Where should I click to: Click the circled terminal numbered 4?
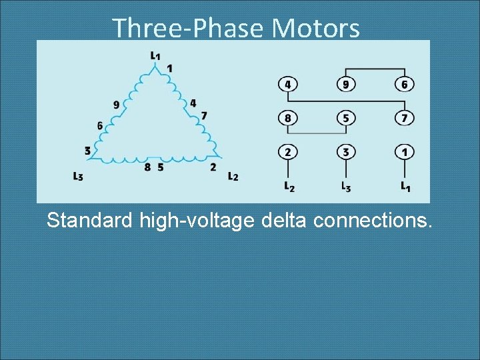287,85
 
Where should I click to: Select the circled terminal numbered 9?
345,85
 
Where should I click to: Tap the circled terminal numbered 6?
405,85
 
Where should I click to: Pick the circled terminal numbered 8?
287,118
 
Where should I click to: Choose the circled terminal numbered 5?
345,118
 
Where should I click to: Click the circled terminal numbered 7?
405,118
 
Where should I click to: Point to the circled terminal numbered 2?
287,152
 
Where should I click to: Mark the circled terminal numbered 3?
345,152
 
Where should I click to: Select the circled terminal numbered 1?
405,152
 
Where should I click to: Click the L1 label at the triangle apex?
155,55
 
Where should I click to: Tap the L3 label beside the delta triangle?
79,177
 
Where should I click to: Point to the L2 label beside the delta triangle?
233,177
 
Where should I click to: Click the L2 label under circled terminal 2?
289,187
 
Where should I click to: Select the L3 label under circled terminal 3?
346,187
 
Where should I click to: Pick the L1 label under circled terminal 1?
405,187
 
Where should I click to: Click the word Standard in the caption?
90,219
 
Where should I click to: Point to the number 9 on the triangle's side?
116,105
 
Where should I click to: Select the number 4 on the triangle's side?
193,103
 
